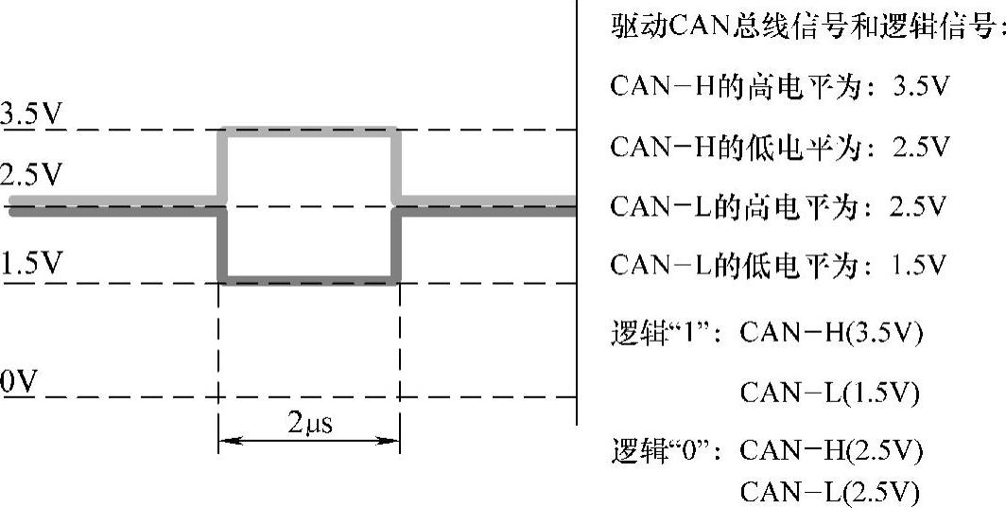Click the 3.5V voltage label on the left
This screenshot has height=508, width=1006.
pyautogui.click(x=30, y=115)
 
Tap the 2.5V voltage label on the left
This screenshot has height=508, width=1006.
pyautogui.click(x=30, y=176)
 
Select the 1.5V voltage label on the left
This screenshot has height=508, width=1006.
pyautogui.click(x=30, y=266)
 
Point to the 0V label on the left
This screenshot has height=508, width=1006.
pyautogui.click(x=19, y=382)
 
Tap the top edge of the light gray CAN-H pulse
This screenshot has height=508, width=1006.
pyautogui.click(x=309, y=130)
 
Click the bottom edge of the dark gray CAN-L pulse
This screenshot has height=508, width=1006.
pyautogui.click(x=309, y=281)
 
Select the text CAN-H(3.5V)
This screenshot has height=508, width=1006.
pyautogui.click(x=830, y=334)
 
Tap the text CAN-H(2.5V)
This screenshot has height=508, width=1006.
pyautogui.click(x=830, y=450)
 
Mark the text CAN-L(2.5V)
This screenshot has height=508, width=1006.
pyautogui.click(x=828, y=491)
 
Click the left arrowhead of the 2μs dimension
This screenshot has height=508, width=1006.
pyautogui.click(x=226, y=440)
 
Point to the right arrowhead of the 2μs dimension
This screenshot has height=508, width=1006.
pyautogui.click(x=392, y=440)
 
